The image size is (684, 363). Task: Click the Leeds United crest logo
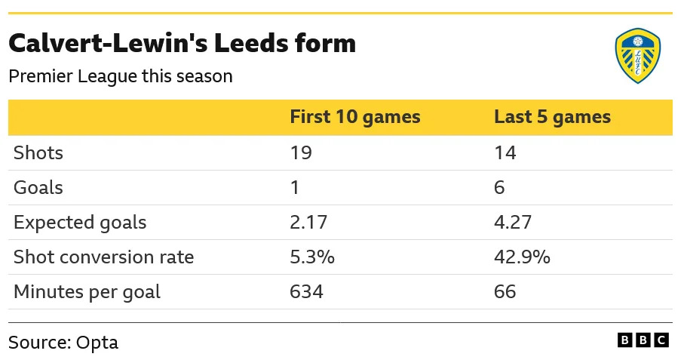(638, 56)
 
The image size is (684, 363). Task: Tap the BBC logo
(643, 340)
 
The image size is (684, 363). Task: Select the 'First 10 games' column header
(355, 118)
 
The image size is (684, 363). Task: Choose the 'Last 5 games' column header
(552, 118)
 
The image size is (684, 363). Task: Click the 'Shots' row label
(38, 153)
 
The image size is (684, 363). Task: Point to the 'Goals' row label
(38, 188)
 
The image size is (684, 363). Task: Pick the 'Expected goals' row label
(80, 223)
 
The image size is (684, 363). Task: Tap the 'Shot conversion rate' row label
(104, 257)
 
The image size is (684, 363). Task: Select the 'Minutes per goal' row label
(87, 292)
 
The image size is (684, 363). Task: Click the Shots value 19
(301, 153)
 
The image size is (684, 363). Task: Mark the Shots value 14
(505, 153)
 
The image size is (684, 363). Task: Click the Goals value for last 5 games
(499, 188)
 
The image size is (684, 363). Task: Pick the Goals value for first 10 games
(295, 188)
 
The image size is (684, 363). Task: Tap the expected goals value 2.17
(310, 223)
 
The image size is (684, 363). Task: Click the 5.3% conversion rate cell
(312, 257)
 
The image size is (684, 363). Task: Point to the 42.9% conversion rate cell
(522, 257)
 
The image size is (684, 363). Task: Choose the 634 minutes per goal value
(306, 292)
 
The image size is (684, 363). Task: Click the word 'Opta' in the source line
(97, 343)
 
